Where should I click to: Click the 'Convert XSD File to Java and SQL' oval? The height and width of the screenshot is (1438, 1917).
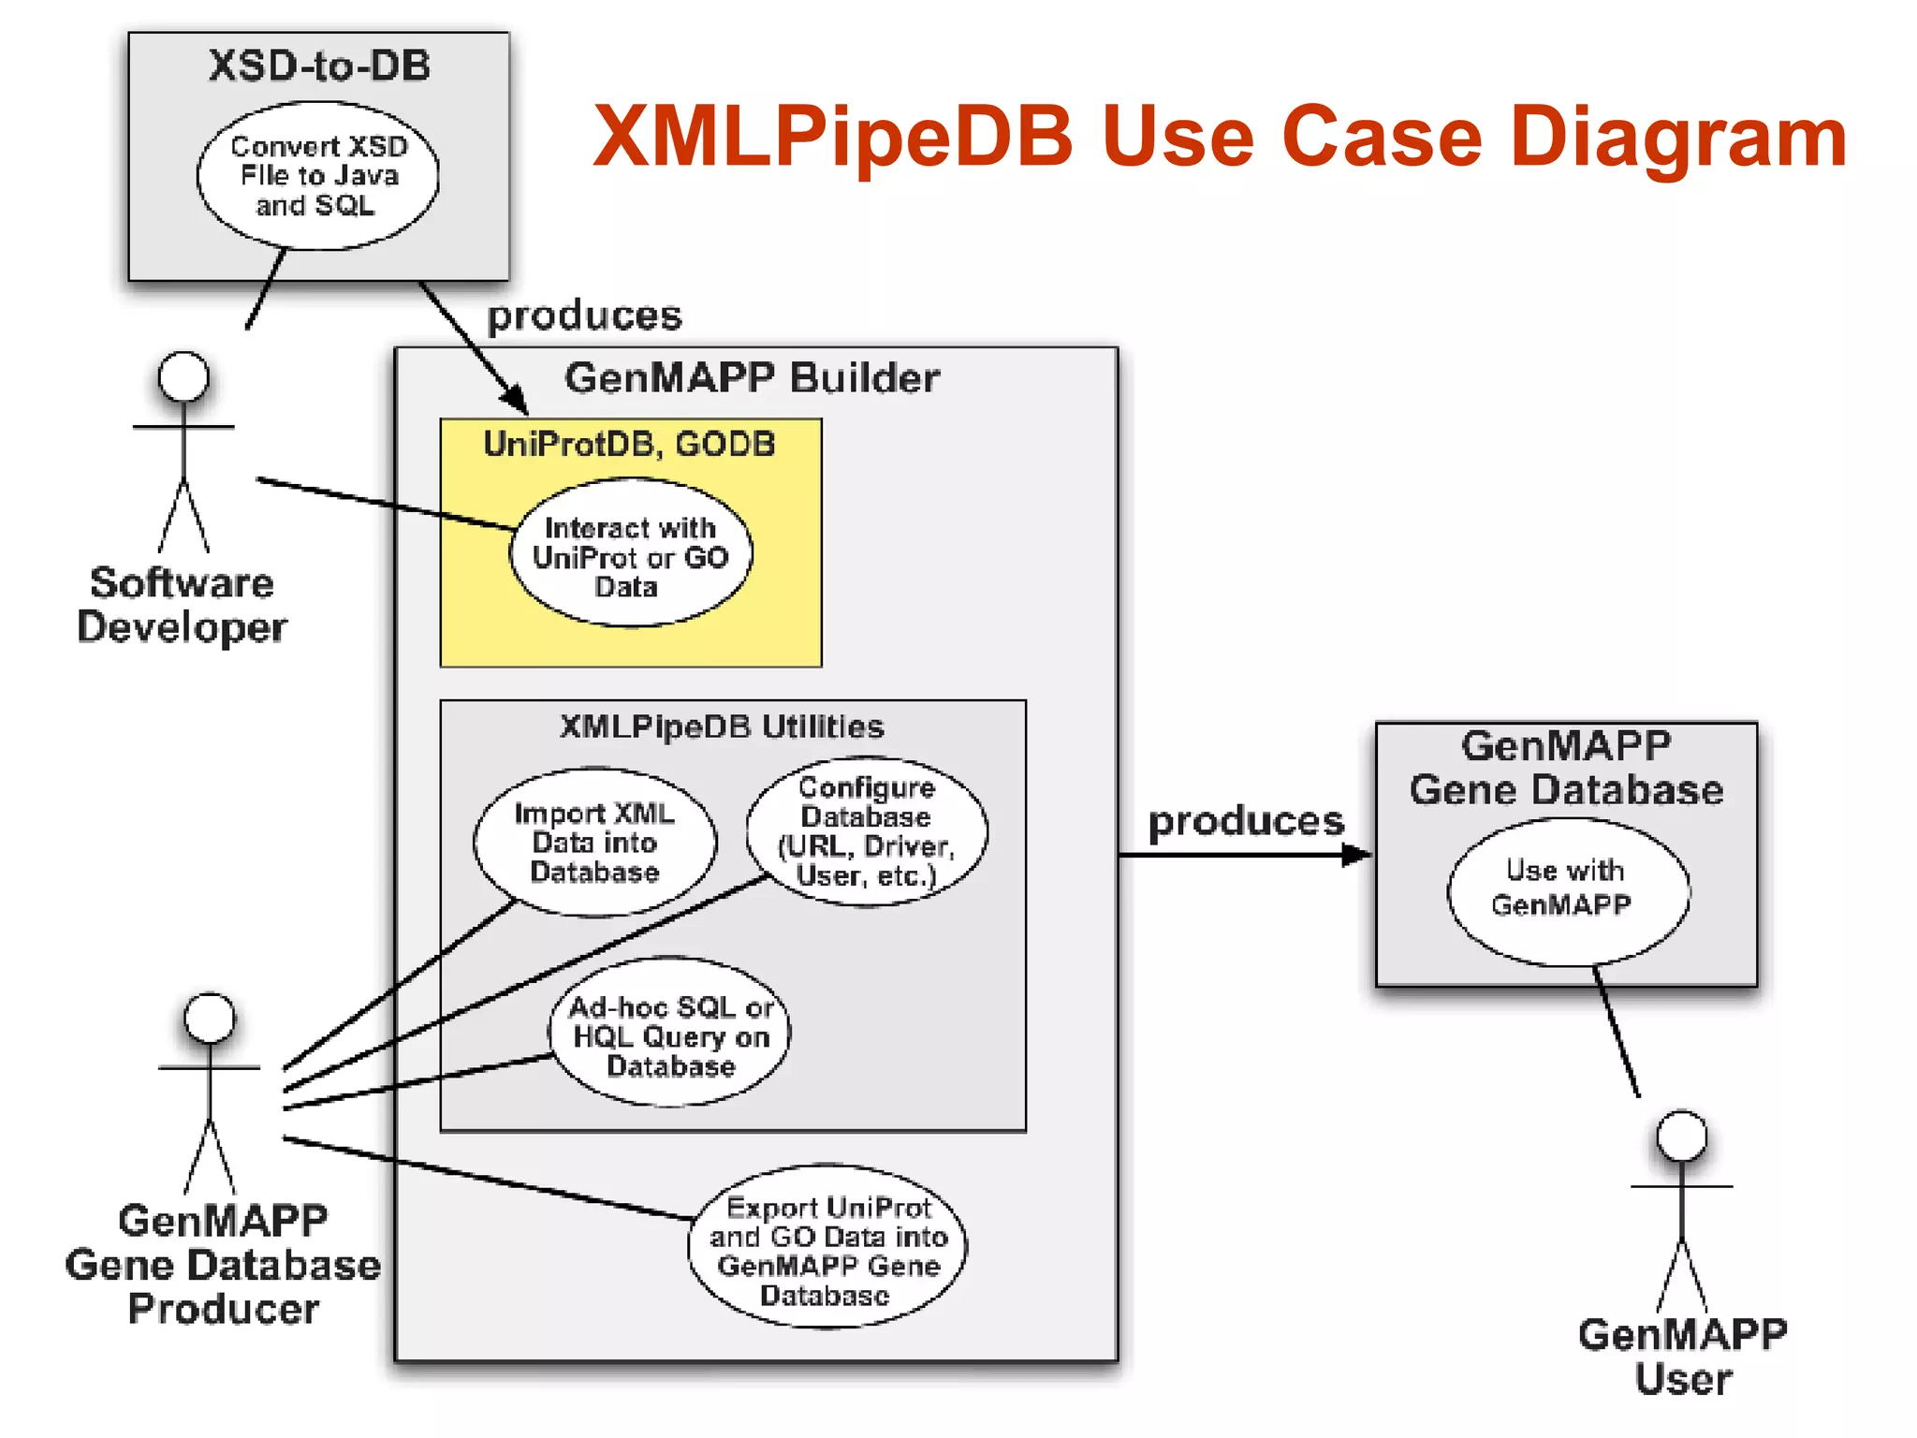(317, 175)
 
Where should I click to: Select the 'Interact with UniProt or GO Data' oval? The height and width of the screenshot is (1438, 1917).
(630, 555)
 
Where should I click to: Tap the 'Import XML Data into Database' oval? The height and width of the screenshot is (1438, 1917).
(594, 842)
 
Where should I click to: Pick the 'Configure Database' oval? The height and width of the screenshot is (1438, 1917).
(866, 831)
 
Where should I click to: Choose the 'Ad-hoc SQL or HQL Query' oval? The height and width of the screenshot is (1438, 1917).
(669, 1034)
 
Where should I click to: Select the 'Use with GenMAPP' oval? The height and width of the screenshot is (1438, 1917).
(1567, 890)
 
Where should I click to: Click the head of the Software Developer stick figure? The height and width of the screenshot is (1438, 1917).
(183, 376)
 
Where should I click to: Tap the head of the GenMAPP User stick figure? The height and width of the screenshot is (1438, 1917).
(1681, 1136)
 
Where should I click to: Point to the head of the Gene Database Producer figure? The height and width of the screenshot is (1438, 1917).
(209, 1018)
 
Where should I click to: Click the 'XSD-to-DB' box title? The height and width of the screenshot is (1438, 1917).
(318, 66)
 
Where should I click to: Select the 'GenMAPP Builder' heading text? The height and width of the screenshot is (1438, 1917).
(752, 378)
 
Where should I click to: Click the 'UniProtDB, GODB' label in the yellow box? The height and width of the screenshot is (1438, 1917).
(629, 444)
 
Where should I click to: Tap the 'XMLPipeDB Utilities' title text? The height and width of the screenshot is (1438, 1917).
(721, 726)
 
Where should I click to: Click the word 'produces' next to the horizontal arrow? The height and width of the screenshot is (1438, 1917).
(1245, 821)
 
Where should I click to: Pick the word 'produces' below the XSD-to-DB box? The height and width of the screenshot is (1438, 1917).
(584, 315)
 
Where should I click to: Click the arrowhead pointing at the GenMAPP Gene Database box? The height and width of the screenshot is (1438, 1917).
(1357, 854)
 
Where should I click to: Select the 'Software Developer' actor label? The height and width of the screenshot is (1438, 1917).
(182, 604)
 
